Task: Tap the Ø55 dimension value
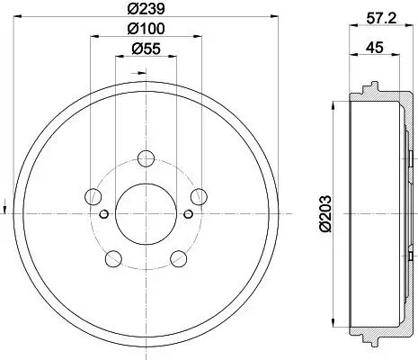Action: coord(145,51)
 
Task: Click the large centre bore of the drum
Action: coord(146,212)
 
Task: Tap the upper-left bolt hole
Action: coord(93,195)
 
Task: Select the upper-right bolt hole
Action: coord(199,195)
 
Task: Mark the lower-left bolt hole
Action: coord(112,259)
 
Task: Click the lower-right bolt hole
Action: coord(178,259)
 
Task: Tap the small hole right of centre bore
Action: coord(186,213)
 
